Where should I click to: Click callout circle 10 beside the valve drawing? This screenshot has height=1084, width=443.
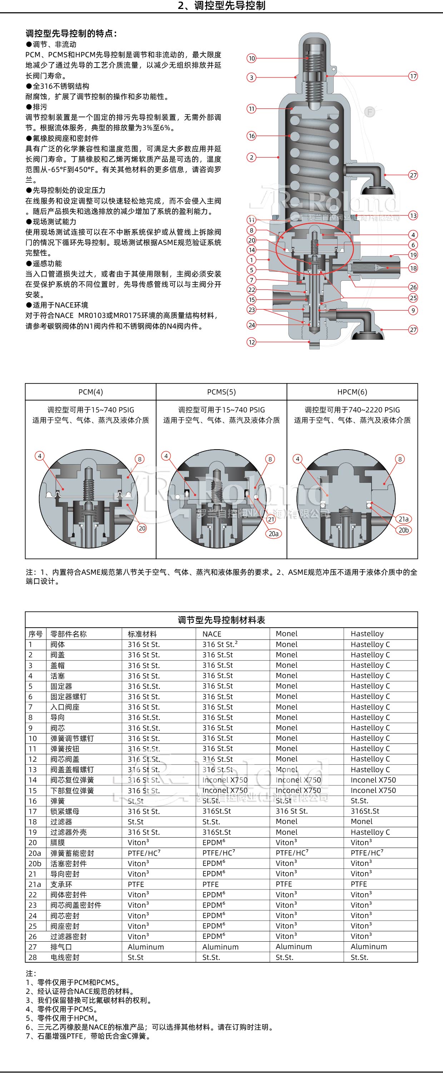pyautogui.click(x=252, y=58)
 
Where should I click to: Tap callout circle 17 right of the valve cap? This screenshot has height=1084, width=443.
pyautogui.click(x=413, y=76)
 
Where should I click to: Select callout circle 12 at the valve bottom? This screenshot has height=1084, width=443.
pyautogui.click(x=252, y=342)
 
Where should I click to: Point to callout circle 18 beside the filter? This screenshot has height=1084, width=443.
pyautogui.click(x=413, y=268)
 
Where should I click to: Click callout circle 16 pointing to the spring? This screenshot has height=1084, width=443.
pyautogui.click(x=252, y=136)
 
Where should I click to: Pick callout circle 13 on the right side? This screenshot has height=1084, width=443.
pyautogui.click(x=413, y=215)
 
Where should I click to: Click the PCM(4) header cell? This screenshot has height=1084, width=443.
pyautogui.click(x=90, y=392)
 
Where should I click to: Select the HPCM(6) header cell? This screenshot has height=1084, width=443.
pyautogui.click(x=352, y=392)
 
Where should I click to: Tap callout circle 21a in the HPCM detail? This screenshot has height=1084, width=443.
pyautogui.click(x=403, y=519)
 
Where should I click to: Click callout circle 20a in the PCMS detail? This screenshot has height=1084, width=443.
pyautogui.click(x=274, y=534)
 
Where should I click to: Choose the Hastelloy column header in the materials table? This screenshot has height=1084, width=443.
pyautogui.click(x=367, y=634)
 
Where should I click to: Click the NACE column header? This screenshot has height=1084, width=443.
pyautogui.click(x=211, y=634)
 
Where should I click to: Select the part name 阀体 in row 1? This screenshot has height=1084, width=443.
pyautogui.click(x=58, y=644)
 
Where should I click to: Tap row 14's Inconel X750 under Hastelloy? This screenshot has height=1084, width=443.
pyautogui.click(x=373, y=780)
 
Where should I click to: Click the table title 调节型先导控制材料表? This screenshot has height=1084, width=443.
pyautogui.click(x=221, y=620)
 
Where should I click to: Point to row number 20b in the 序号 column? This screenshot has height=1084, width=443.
pyautogui.click(x=35, y=863)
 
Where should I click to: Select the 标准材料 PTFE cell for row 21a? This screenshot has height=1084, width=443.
pyautogui.click(x=136, y=884)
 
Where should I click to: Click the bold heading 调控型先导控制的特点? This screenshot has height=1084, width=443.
pyautogui.click(x=71, y=34)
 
